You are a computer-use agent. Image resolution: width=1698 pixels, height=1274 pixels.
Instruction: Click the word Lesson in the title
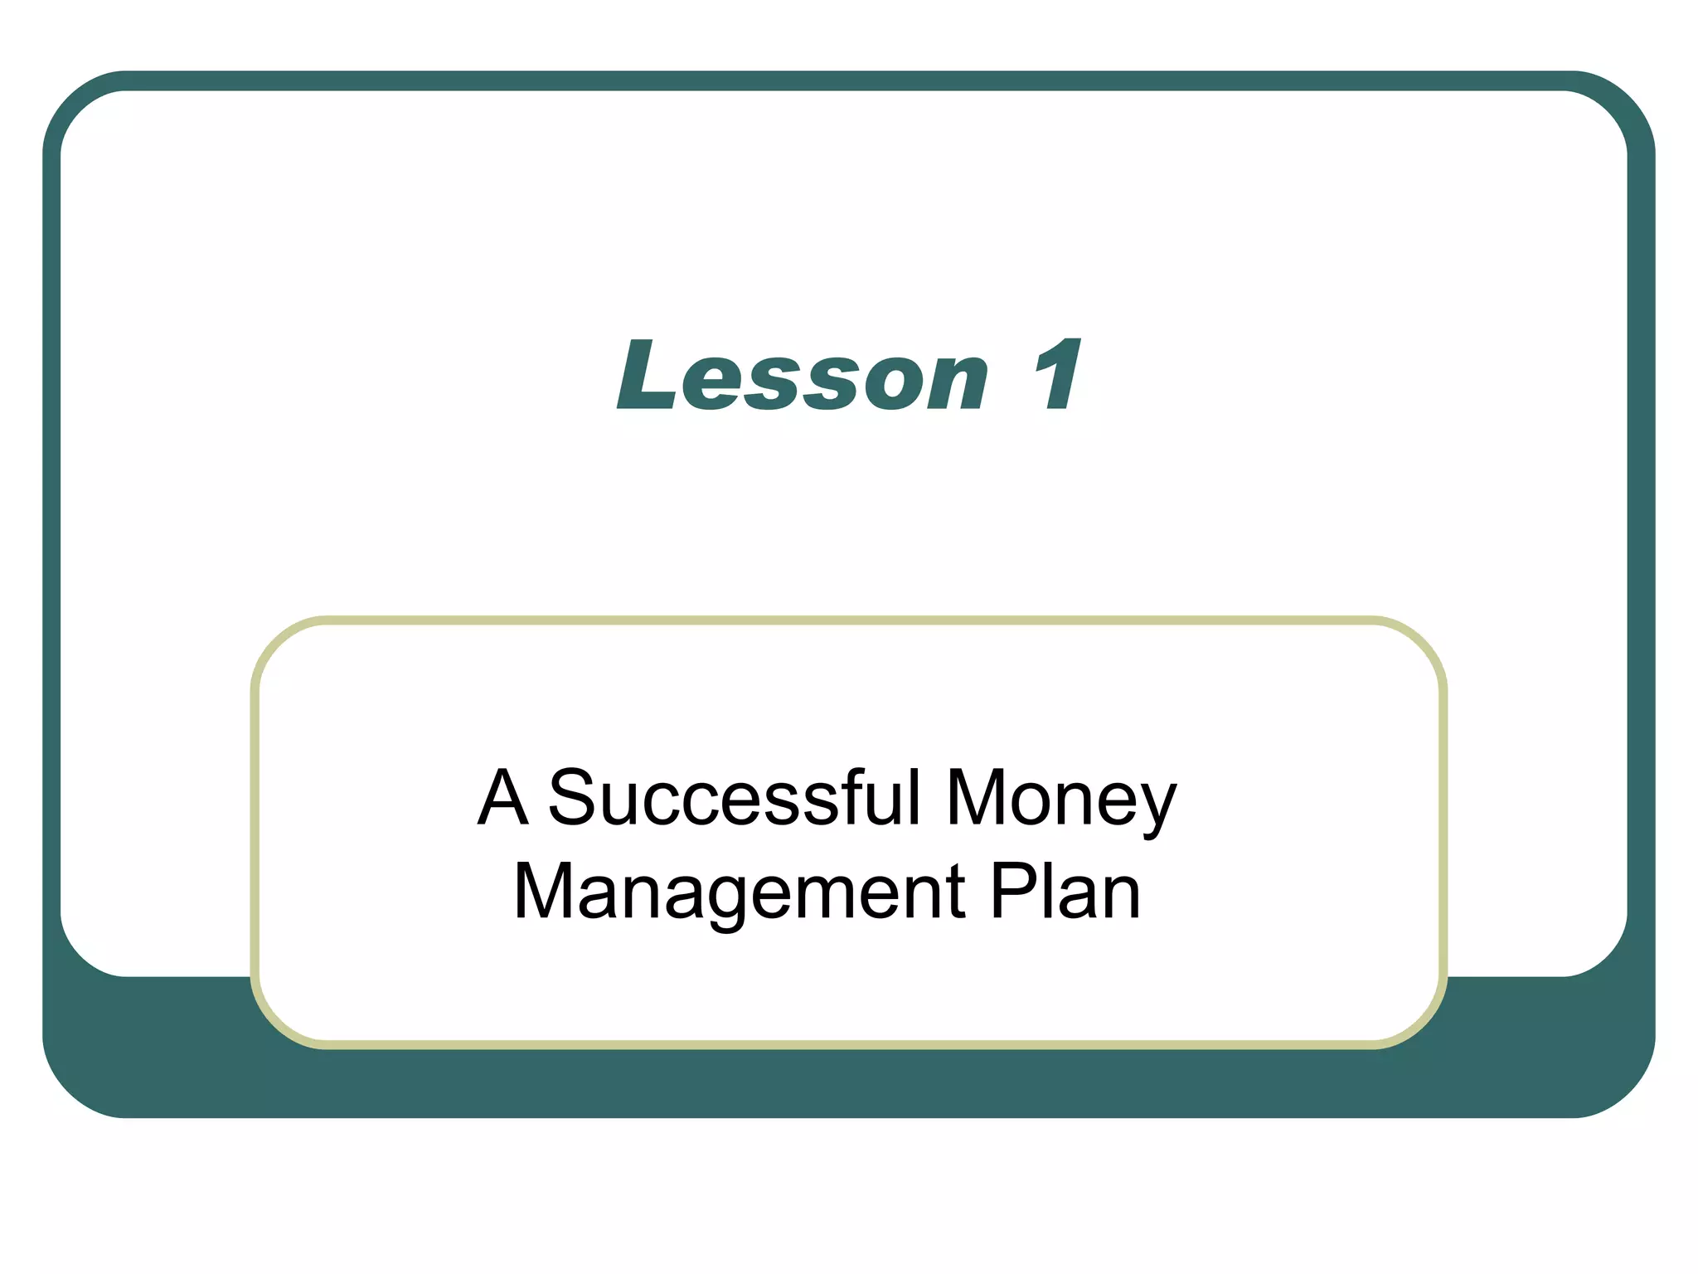click(x=803, y=377)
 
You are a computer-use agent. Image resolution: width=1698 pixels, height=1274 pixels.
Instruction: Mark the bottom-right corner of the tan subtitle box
click(x=1428, y=1028)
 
